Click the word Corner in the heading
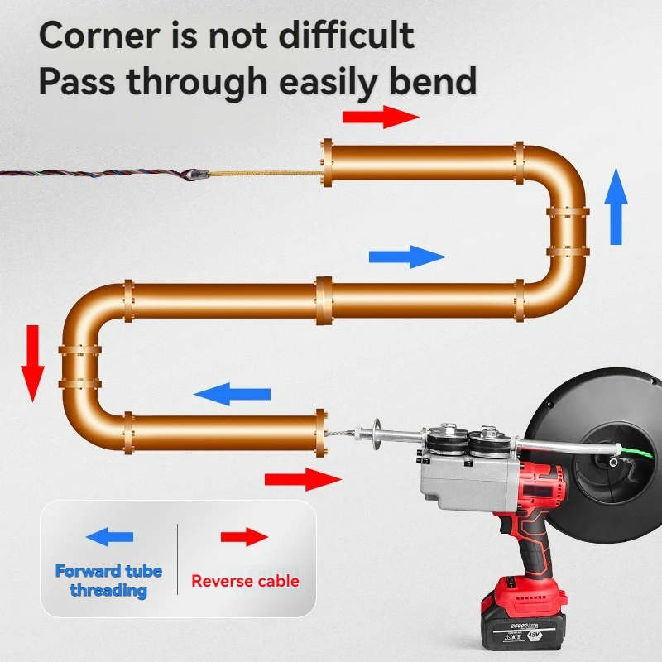98,36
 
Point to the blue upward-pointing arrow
616,206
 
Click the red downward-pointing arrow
33,362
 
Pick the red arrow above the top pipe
381,118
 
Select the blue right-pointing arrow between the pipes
407,256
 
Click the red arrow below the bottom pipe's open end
303,479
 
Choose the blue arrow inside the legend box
109,537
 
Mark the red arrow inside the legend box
245,537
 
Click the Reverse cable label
245,581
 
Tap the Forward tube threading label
108,580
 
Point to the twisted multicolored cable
91,174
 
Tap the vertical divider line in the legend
178,559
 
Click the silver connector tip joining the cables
198,175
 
